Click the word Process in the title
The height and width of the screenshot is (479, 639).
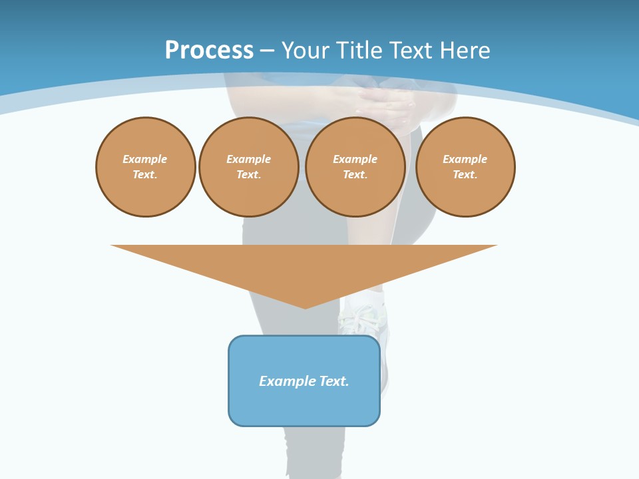click(x=209, y=51)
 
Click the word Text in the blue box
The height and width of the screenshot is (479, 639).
click(x=333, y=381)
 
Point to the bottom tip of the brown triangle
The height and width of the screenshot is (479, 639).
click(x=305, y=307)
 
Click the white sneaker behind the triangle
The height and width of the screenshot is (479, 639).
click(x=363, y=320)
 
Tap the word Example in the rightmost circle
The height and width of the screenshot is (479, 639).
click(x=465, y=159)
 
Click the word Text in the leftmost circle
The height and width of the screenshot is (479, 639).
click(x=144, y=175)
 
